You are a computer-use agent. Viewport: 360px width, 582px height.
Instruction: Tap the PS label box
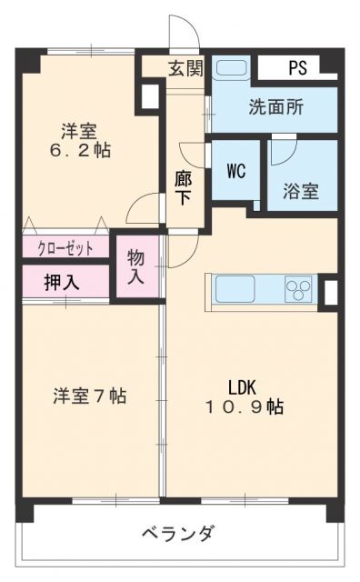coord(298,68)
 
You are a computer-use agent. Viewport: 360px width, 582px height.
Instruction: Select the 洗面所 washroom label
coord(276,105)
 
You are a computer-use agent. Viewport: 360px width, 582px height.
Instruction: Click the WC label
coord(236,170)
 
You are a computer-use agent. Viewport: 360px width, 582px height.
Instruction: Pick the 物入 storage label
coord(136,265)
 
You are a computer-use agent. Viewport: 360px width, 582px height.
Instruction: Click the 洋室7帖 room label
coord(89,396)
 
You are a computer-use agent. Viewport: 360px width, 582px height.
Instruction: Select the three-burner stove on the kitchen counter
coord(298,289)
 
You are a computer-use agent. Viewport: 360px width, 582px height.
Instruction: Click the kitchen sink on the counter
coord(236,291)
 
